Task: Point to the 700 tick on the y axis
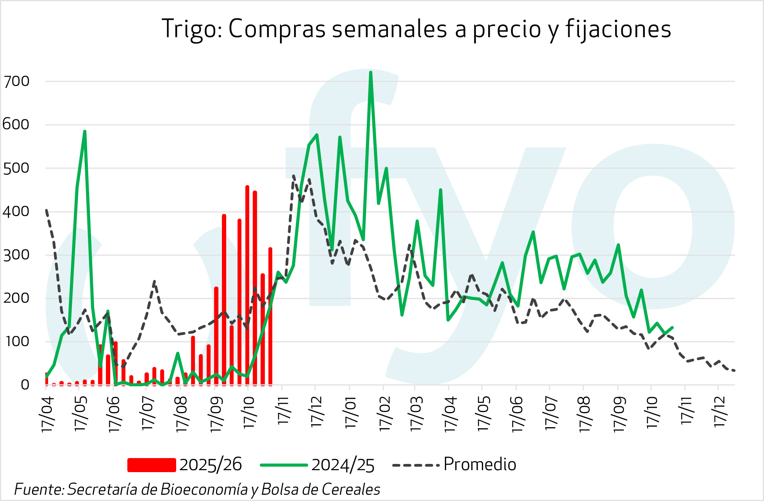pos(16,82)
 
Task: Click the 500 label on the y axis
pos(16,168)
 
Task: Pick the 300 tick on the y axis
pos(16,255)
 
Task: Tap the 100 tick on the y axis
pos(16,342)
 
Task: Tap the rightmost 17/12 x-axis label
pos(719,412)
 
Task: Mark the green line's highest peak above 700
pos(370,73)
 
